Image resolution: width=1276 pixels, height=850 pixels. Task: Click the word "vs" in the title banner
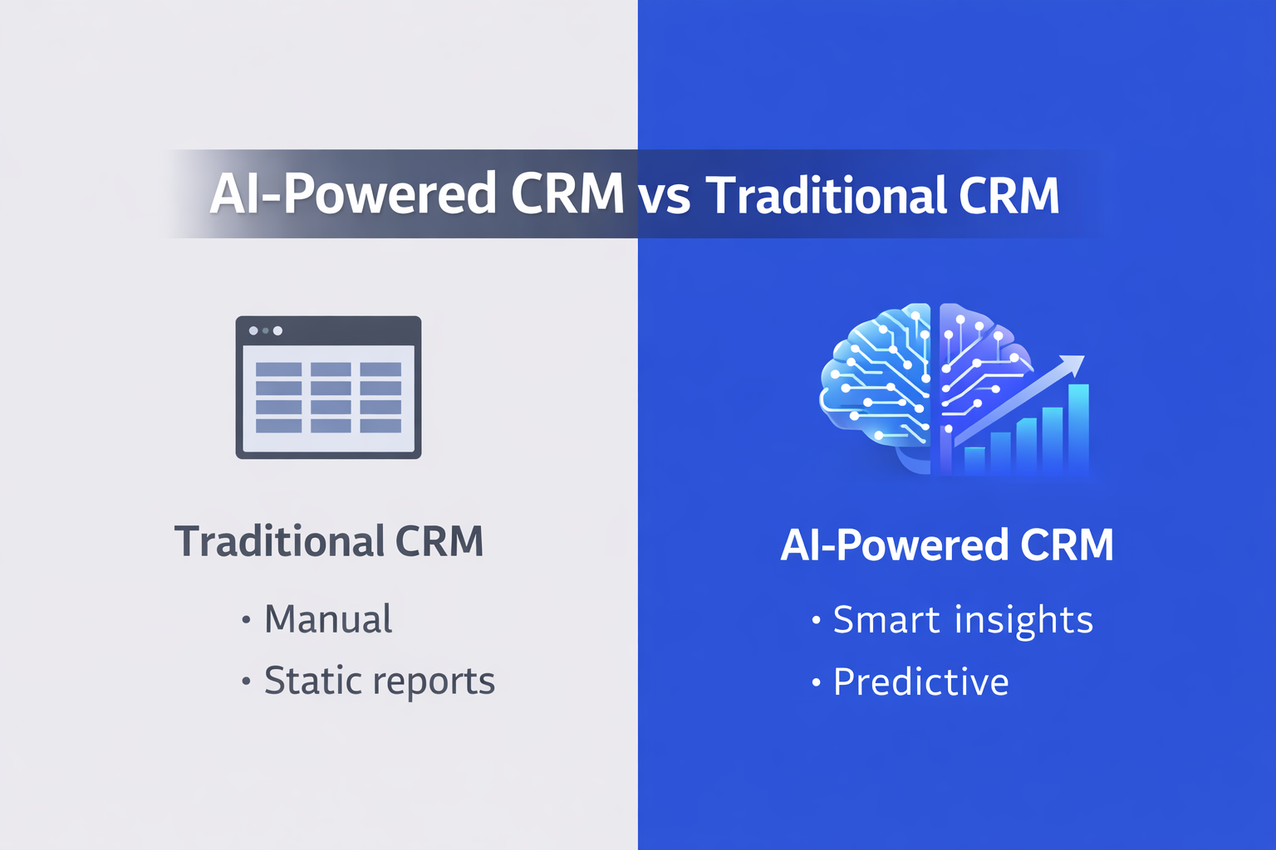[x=665, y=197]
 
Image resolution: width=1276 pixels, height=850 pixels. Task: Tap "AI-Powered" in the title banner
[x=353, y=193]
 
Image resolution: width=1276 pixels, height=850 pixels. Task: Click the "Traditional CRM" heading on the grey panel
[x=329, y=541]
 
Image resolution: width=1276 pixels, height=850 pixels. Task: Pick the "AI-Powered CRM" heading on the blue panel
[x=947, y=545]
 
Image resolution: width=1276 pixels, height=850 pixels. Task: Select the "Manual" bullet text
[x=328, y=619]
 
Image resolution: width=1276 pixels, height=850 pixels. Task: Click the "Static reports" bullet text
[x=380, y=681]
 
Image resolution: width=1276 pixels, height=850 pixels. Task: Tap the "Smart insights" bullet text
[x=964, y=621]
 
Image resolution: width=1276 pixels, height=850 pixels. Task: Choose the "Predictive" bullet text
[x=920, y=681]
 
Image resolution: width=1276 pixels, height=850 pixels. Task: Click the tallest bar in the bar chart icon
[x=1078, y=428]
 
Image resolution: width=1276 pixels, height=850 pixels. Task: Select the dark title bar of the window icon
[x=329, y=330]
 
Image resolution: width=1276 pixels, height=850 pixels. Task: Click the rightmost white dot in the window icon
[x=277, y=330]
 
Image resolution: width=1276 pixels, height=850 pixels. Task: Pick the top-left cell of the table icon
[x=278, y=369]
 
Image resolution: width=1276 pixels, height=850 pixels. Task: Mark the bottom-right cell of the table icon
[x=380, y=426]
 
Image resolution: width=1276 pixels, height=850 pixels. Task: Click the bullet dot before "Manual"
[x=246, y=619]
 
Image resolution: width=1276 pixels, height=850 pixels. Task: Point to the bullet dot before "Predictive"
[x=817, y=681]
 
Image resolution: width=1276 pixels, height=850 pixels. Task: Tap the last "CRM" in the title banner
[x=1009, y=195]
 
